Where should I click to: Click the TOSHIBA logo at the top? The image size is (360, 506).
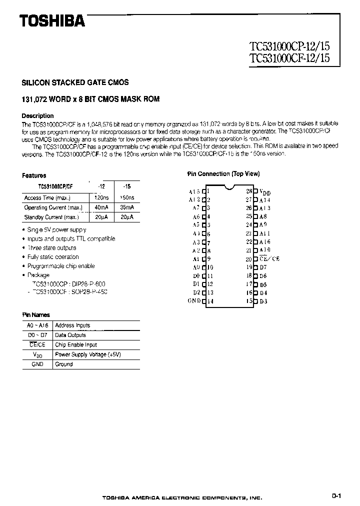tap(52, 20)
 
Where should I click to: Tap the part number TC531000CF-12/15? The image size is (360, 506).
tap(289, 57)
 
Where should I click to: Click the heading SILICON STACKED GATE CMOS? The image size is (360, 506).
tap(75, 82)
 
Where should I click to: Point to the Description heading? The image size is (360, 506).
tap(37, 115)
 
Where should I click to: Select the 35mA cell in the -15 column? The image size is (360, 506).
tap(126, 207)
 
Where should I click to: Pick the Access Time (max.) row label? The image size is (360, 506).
tap(46, 198)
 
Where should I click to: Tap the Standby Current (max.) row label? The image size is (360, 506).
tap(50, 217)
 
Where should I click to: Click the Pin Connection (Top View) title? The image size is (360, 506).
tap(223, 174)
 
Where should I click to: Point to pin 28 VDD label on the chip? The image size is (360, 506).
tap(264, 192)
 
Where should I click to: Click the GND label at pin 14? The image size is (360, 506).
tap(194, 301)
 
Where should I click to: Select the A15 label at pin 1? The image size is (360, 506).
tap(194, 191)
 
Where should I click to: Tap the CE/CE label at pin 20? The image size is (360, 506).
tap(269, 259)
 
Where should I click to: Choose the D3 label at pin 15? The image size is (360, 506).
tap(263, 301)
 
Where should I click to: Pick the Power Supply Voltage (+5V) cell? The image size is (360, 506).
tap(88, 354)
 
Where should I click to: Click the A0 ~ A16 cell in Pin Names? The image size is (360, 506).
tap(37, 325)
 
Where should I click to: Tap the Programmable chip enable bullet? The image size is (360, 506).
tap(61, 266)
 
